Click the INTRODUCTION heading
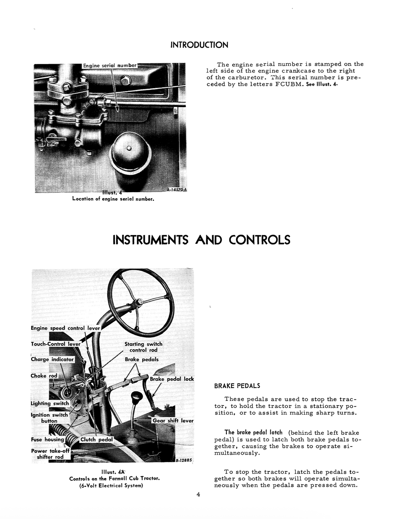coord(199,45)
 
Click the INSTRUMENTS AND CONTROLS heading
coord(201,239)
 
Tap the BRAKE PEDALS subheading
coord(237,386)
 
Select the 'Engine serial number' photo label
coord(109,66)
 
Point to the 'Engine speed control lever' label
coord(65,328)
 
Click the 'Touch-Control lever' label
coord(55,344)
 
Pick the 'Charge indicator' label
coord(52,359)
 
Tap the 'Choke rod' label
coord(44,376)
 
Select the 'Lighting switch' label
coord(50,403)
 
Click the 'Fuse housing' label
coord(47,439)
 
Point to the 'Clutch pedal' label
coord(96,440)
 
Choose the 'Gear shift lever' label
coord(173,420)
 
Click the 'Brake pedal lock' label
coord(172,379)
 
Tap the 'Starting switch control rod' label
coord(143,347)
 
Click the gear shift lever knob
coord(137,398)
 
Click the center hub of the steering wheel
coord(138,302)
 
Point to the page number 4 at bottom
coord(198,495)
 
